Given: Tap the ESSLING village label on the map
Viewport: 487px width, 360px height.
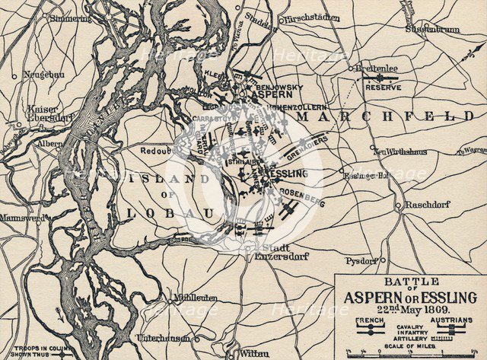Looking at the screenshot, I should point(287,174).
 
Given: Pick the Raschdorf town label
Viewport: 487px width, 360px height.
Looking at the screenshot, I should point(428,205).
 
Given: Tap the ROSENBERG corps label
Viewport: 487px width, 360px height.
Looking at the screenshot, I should point(307,203).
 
